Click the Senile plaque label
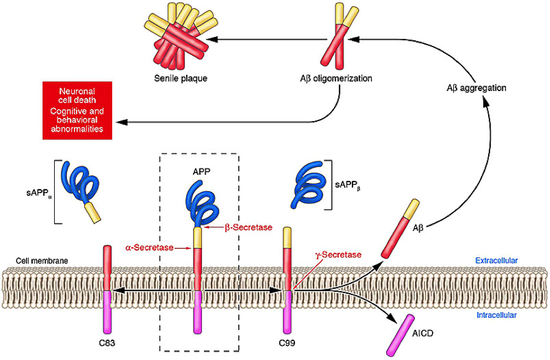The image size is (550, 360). (180, 79)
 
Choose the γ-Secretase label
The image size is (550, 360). (338, 254)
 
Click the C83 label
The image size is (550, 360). (107, 343)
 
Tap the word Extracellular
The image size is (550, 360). (496, 261)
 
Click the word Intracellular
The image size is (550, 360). (496, 315)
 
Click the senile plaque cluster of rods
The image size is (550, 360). (180, 40)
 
